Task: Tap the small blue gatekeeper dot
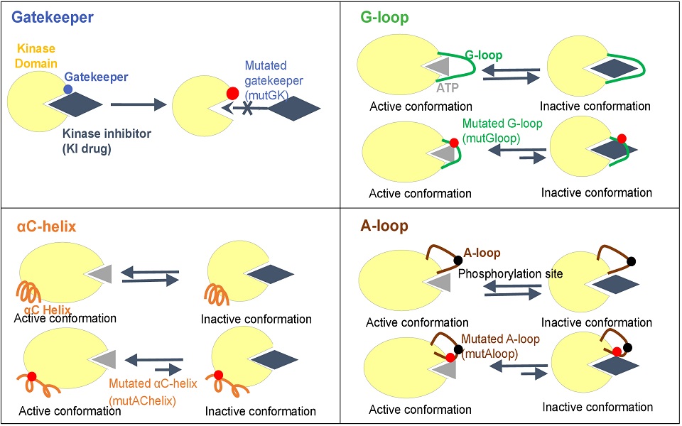coord(67,89)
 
